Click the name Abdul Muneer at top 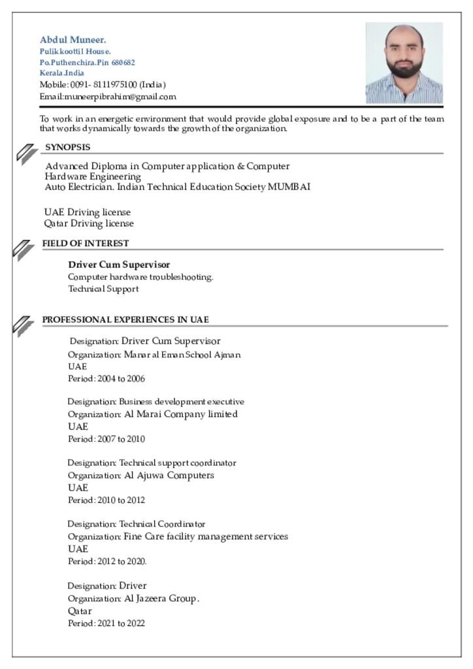click(x=73, y=40)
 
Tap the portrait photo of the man click(x=404, y=63)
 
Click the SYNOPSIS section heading click(x=67, y=147)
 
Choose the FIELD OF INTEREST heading click(x=86, y=243)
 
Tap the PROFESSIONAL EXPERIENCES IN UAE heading click(x=125, y=319)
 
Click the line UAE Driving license click(x=88, y=212)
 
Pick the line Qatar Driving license click(x=89, y=223)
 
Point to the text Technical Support click(x=103, y=289)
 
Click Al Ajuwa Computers click(x=169, y=475)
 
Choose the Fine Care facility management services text click(x=206, y=536)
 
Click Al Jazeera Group click(x=161, y=598)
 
